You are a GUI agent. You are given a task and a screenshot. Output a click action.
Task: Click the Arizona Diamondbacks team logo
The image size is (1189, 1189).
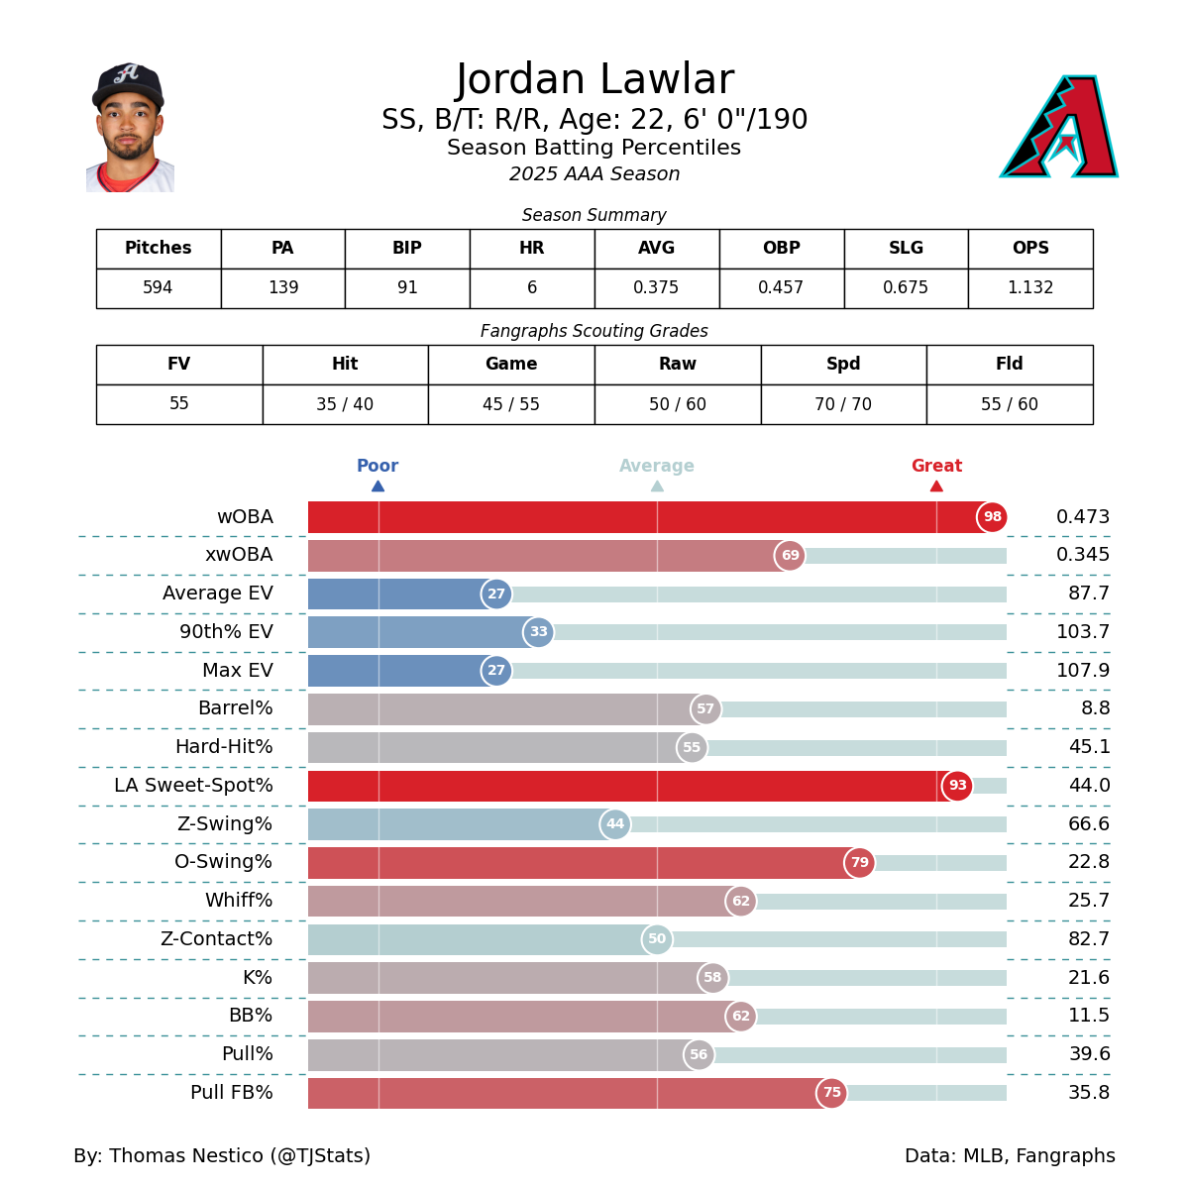pyautogui.click(x=1059, y=127)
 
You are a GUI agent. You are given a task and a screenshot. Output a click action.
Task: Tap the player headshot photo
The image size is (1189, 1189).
pyautogui.click(x=130, y=128)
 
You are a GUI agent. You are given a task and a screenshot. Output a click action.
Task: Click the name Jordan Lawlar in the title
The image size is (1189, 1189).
pyautogui.click(x=594, y=80)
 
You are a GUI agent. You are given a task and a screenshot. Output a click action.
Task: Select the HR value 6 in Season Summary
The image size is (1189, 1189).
pyautogui.click(x=532, y=288)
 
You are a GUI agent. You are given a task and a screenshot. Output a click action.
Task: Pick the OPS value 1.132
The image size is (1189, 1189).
pyautogui.click(x=1030, y=288)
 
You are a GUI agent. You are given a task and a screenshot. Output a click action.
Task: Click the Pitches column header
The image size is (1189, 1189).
pyautogui.click(x=159, y=249)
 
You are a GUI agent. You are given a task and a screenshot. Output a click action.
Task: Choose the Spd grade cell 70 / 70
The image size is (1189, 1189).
pyautogui.click(x=843, y=404)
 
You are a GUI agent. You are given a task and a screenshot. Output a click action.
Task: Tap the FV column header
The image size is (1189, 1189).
pyautogui.click(x=179, y=365)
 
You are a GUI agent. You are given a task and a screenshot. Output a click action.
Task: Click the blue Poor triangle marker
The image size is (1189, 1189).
pyautogui.click(x=378, y=486)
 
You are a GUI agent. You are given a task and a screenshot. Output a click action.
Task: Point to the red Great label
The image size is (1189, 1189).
pyautogui.click(x=936, y=466)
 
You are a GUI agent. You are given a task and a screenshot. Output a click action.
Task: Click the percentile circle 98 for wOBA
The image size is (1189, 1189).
pyautogui.click(x=992, y=517)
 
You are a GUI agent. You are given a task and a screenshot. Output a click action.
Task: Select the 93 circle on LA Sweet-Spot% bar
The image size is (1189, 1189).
pyautogui.click(x=957, y=786)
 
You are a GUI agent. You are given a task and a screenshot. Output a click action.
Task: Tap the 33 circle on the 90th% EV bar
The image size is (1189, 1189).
pyautogui.click(x=538, y=632)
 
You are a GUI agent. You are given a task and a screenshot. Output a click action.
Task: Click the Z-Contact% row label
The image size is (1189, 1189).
pyautogui.click(x=216, y=939)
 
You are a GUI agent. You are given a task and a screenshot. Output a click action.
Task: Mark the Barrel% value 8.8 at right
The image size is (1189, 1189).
pyautogui.click(x=1095, y=709)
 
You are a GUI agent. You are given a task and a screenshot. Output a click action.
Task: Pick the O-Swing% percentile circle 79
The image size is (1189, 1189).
pyautogui.click(x=859, y=863)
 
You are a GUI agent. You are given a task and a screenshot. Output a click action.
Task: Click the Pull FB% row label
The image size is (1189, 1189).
pyautogui.click(x=231, y=1093)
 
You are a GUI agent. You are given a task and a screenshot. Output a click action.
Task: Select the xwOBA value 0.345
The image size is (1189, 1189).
pyautogui.click(x=1082, y=555)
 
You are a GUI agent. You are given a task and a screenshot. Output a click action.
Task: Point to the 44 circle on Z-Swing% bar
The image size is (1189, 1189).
pyautogui.click(x=615, y=824)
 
